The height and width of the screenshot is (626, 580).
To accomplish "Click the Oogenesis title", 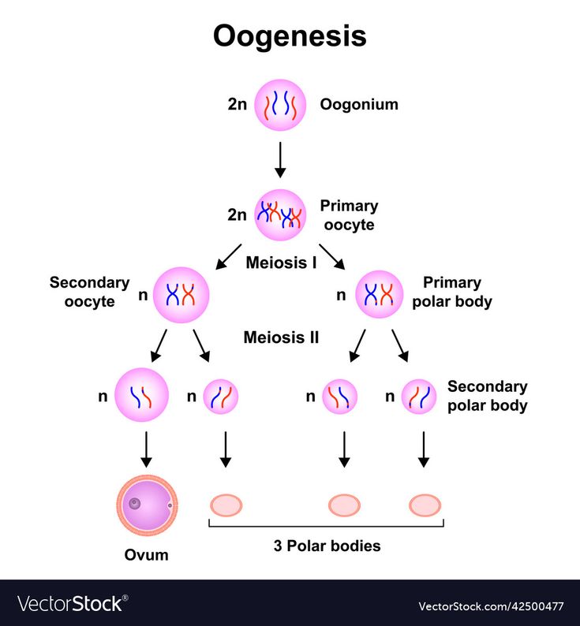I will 290,36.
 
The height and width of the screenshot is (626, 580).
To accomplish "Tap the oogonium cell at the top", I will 279,104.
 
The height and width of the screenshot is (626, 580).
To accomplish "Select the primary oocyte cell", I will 280,214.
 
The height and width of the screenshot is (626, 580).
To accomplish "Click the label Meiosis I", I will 281,262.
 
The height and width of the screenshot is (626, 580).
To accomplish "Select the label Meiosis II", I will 281,337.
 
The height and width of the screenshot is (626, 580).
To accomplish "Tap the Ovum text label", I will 147,554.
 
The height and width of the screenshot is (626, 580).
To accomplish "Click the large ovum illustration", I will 147,504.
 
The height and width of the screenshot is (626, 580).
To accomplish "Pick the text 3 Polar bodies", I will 326,546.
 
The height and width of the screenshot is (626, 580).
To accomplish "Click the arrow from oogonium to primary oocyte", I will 279,159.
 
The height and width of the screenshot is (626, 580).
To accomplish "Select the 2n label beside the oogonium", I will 238,104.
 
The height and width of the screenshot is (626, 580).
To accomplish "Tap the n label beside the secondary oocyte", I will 143,296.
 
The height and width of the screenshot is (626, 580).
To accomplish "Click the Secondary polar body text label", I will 487,396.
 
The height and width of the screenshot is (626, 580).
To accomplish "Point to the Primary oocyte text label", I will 349,214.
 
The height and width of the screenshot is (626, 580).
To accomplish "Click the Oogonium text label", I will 358,104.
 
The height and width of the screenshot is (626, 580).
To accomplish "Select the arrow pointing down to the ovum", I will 146,449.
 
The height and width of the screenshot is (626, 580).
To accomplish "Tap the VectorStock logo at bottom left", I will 71,604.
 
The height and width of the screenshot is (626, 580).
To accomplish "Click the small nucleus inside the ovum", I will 135,503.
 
